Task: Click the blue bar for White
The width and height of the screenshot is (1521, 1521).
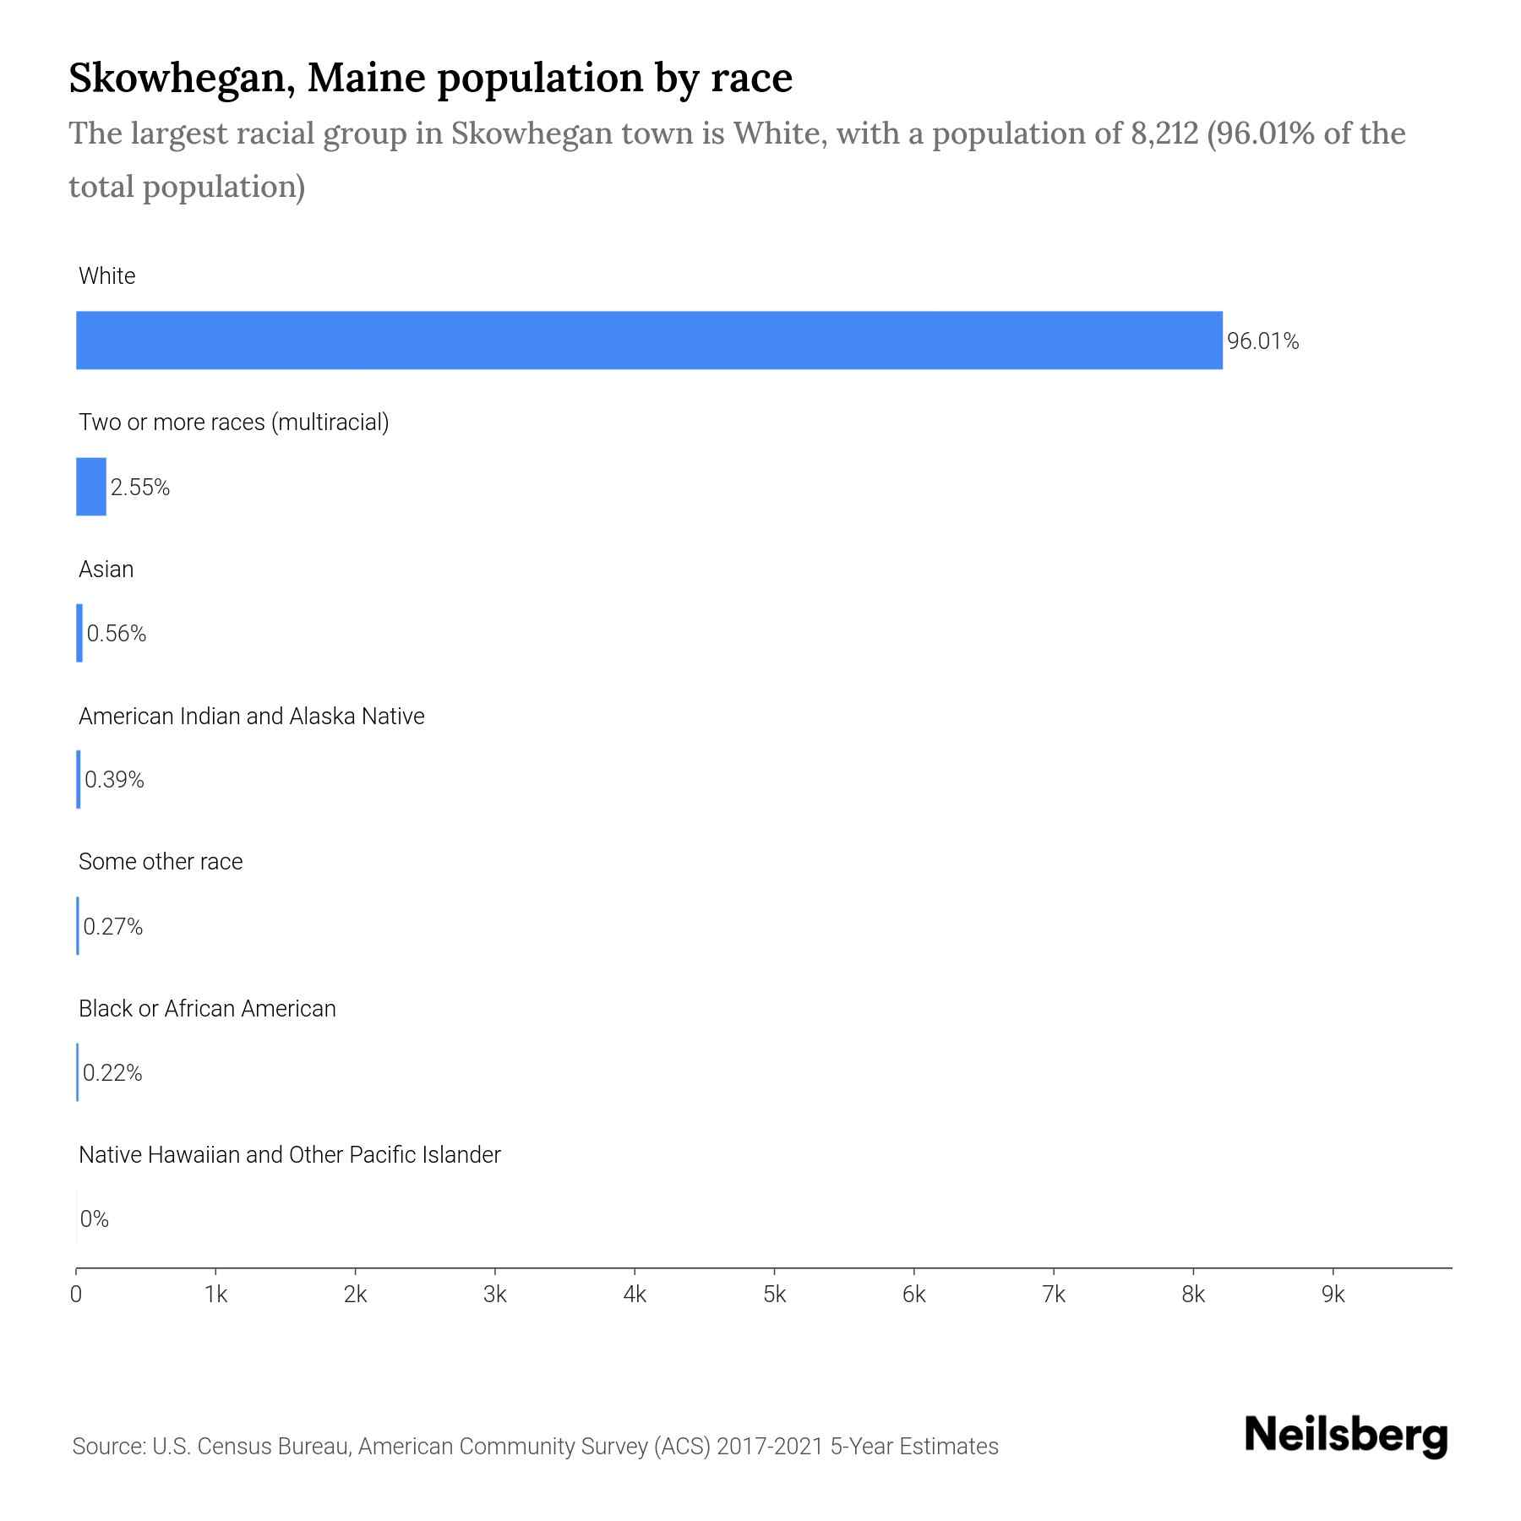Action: tap(649, 340)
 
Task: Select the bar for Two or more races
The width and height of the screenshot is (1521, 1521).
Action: tap(91, 487)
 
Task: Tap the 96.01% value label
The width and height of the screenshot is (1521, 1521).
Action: tap(1262, 341)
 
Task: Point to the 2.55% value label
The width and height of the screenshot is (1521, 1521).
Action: tap(140, 488)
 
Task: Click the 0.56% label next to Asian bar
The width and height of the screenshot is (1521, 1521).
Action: tap(117, 634)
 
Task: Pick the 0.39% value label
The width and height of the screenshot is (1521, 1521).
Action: tap(114, 780)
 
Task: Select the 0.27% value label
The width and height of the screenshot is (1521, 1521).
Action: tap(112, 927)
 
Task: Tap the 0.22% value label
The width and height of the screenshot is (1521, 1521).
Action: tap(112, 1073)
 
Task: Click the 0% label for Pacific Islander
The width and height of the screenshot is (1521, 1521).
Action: tap(95, 1219)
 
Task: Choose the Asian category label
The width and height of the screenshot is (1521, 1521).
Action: tap(106, 570)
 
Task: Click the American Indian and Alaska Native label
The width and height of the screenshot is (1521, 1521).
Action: tap(251, 717)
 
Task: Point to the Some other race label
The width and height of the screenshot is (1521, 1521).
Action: tap(161, 862)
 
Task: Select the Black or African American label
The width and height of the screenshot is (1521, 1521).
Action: tap(207, 1009)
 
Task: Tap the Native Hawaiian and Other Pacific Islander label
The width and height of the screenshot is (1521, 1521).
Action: tap(289, 1155)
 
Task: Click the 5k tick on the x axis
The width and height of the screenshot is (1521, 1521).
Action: tap(774, 1295)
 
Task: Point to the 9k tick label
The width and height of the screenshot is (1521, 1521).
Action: tap(1333, 1295)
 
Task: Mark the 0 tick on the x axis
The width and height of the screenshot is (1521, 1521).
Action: tap(76, 1295)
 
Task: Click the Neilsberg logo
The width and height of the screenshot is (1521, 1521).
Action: tap(1346, 1436)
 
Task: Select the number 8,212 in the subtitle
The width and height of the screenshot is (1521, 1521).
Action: tap(1164, 134)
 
